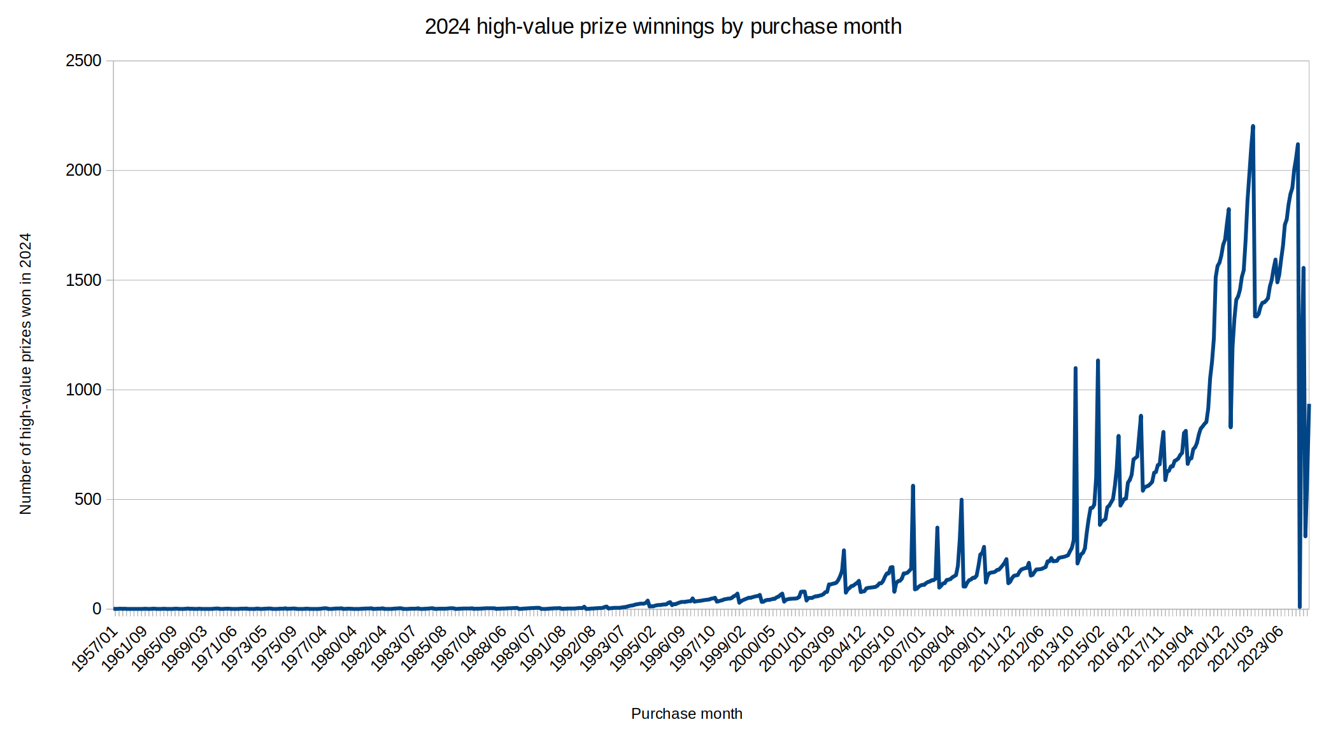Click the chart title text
663,27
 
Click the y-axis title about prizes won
25,373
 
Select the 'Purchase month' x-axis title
687,714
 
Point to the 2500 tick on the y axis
83,61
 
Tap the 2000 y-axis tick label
83,171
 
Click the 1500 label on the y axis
83,280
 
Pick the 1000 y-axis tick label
83,390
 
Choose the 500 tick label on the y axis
88,499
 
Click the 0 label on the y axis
97,609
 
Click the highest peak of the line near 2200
1253,127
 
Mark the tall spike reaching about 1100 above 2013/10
1075,369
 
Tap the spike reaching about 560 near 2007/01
913,486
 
